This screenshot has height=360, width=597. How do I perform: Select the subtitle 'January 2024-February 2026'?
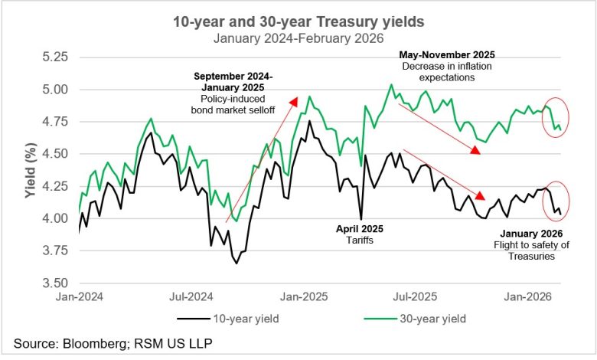pos(299,38)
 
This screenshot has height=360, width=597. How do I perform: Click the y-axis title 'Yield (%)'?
pos(28,171)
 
